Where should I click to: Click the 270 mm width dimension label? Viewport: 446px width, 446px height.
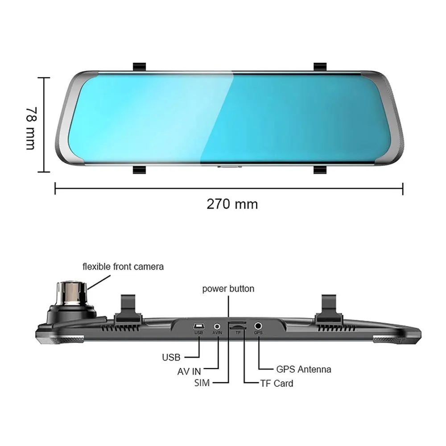pos(232,204)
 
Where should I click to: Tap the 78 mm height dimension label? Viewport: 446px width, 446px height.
pos(31,128)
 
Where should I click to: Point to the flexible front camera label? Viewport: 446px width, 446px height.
pos(123,267)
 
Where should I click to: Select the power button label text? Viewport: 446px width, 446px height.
pos(228,289)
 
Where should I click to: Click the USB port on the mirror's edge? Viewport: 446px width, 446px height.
pos(199,326)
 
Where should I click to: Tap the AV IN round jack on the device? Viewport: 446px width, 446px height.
pos(217,326)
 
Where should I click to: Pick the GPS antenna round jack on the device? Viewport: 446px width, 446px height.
pos(258,326)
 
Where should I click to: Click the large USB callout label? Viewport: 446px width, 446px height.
pos(171,357)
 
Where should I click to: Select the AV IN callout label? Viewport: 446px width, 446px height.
pos(189,371)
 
